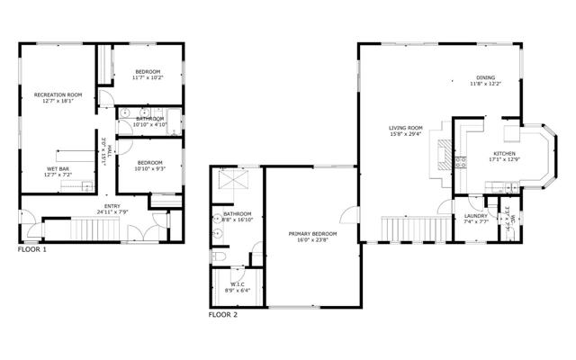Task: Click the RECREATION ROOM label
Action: point(58,94)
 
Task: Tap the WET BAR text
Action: point(58,168)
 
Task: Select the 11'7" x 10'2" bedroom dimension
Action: point(148,78)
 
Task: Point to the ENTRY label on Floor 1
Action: point(112,206)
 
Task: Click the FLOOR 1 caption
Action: point(32,248)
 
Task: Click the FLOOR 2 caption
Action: point(223,315)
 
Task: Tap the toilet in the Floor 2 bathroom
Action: point(218,257)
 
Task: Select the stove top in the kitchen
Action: point(461,163)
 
